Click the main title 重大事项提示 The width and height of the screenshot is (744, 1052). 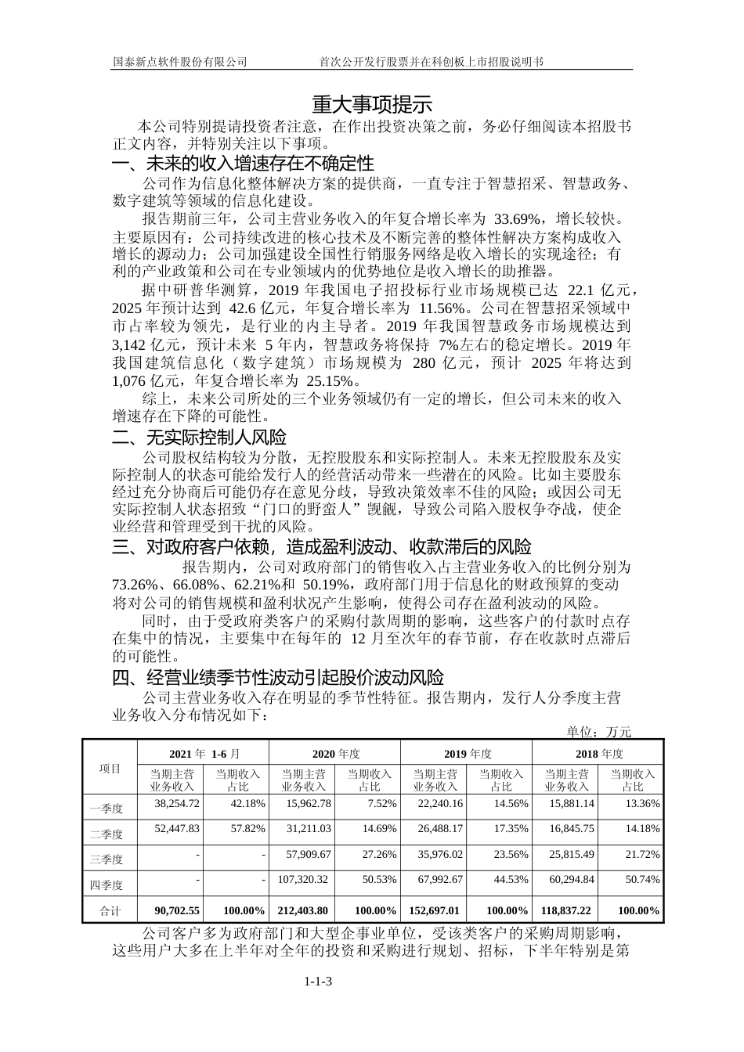tap(372, 104)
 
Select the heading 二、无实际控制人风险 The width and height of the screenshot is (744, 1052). tap(200, 437)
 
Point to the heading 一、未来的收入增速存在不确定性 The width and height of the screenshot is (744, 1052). tap(244, 164)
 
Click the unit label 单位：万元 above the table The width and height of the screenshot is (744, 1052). tap(599, 732)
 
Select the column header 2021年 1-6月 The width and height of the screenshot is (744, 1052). tap(203, 753)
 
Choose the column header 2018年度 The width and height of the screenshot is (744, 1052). tap(598, 753)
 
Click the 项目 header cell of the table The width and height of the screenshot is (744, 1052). tap(110, 768)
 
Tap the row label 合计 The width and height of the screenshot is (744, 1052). tap(110, 911)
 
